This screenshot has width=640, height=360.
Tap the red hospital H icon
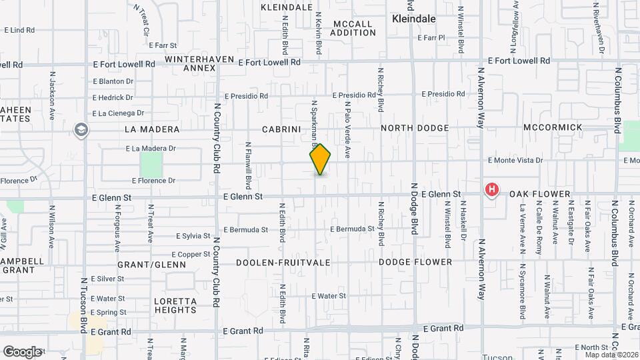tap(492, 190)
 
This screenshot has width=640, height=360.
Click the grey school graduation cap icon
tap(82, 129)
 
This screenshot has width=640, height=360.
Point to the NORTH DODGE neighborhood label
tap(415, 128)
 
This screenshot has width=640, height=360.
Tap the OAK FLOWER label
tap(540, 195)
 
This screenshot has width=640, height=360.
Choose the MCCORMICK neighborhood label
tap(553, 127)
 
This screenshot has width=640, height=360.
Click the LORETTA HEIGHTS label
tap(175, 305)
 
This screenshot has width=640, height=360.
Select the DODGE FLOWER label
tap(415, 263)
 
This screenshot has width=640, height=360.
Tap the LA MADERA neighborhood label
tap(152, 129)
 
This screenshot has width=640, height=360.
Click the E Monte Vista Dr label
tap(515, 161)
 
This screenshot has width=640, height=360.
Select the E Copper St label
tap(191, 255)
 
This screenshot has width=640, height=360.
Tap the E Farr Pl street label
tap(431, 38)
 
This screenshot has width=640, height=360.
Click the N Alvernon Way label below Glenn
tap(481, 267)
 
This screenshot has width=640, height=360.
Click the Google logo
tap(22, 351)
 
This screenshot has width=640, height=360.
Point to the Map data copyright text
tap(610, 355)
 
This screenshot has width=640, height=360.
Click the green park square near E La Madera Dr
tap(151, 165)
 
